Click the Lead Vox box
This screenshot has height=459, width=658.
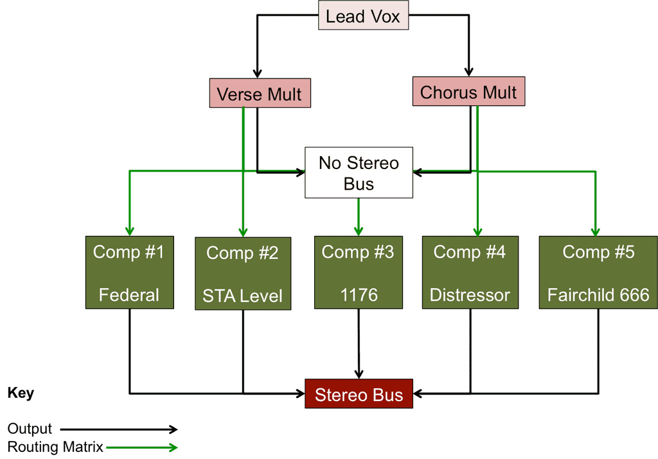pyautogui.click(x=363, y=17)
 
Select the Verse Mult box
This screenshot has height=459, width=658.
pyautogui.click(x=259, y=94)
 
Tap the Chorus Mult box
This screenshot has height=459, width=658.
pyautogui.click(x=468, y=92)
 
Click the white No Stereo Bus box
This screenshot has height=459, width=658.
pyautogui.click(x=359, y=174)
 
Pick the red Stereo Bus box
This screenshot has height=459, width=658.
pyautogui.click(x=359, y=394)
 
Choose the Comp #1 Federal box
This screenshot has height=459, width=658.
pyautogui.click(x=129, y=273)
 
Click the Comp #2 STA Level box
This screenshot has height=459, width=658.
pyautogui.click(x=242, y=273)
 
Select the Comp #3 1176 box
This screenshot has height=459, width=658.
pyautogui.click(x=358, y=273)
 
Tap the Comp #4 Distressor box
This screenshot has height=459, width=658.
pyautogui.click(x=470, y=273)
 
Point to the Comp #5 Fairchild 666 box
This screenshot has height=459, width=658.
pyautogui.click(x=598, y=273)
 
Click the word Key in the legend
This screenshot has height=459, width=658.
pyautogui.click(x=21, y=393)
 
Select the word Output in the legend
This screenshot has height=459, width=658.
pyautogui.click(x=30, y=429)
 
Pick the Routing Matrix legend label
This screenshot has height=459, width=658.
pyautogui.click(x=55, y=447)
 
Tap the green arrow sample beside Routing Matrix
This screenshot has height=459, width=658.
pyautogui.click(x=143, y=447)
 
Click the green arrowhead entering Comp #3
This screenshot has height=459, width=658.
pyautogui.click(x=359, y=231)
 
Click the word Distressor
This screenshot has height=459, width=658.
pyautogui.click(x=470, y=295)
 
